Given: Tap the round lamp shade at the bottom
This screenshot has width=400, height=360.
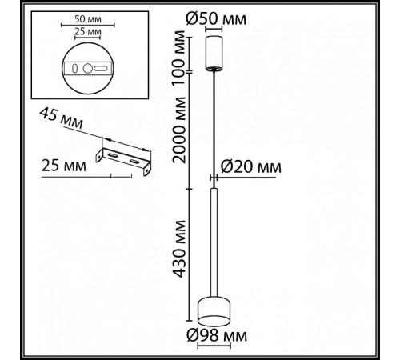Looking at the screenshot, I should (214, 308).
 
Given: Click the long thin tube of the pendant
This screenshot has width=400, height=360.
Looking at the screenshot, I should (214, 240).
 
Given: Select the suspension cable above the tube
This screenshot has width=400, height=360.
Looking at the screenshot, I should (214, 128).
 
